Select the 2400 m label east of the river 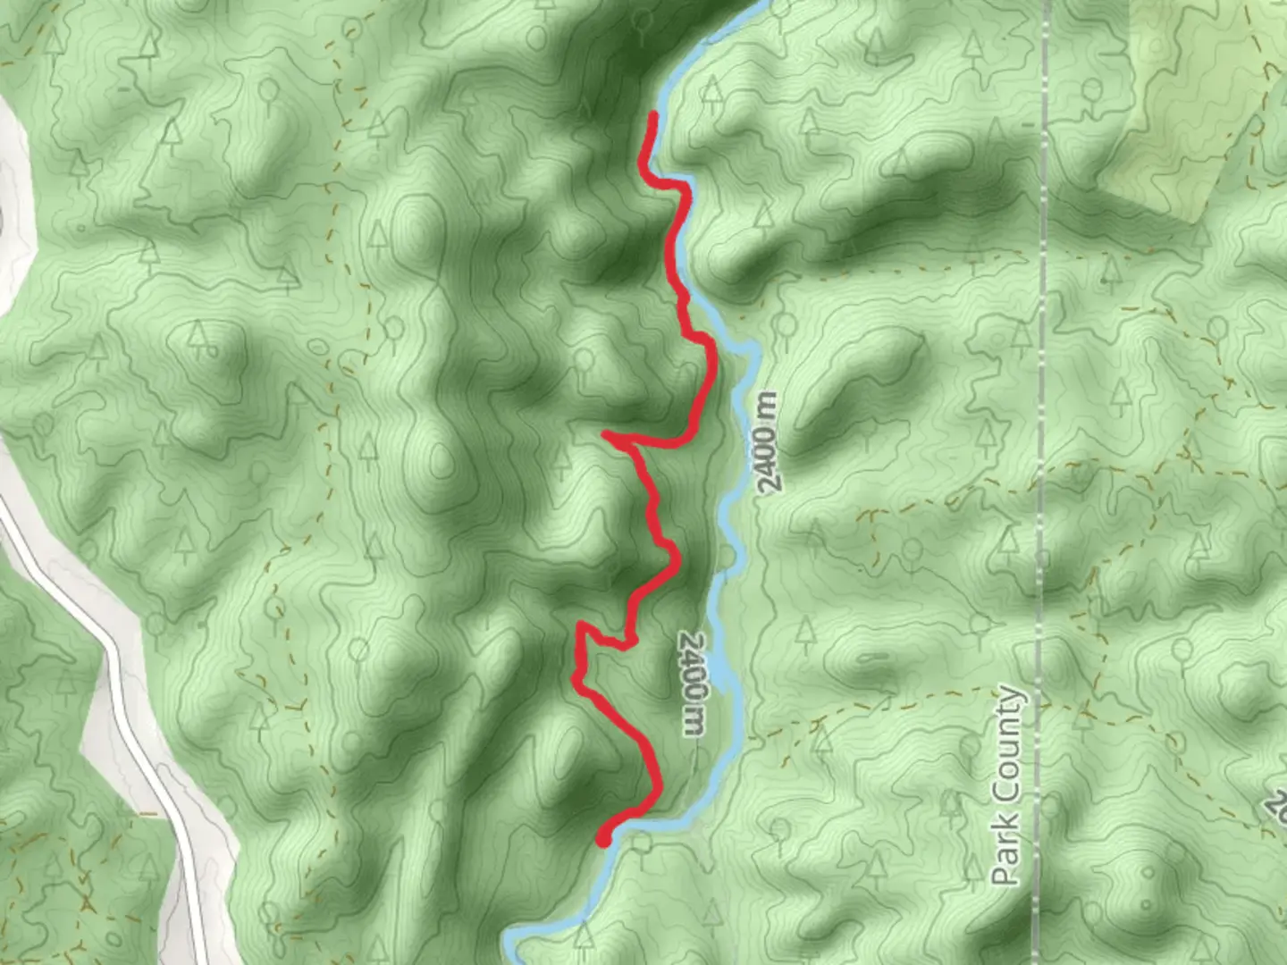[767, 441]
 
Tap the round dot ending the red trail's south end [603, 838]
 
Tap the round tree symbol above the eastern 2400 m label [785, 324]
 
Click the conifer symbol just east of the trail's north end [712, 89]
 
